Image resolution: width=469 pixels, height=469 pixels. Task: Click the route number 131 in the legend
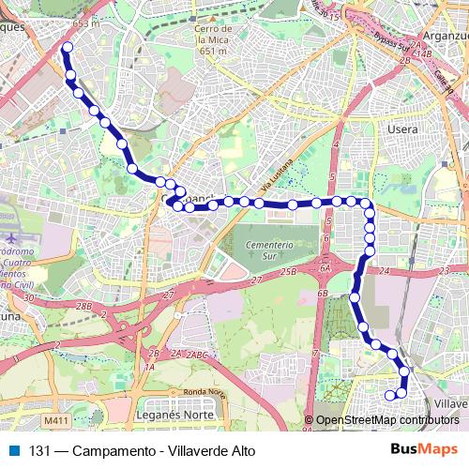[x=38, y=451]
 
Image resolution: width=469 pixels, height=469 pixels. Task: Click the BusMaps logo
[x=425, y=450]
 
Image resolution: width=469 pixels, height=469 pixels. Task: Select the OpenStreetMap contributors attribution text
[x=386, y=420]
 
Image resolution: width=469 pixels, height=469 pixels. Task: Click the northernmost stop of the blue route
[x=67, y=47]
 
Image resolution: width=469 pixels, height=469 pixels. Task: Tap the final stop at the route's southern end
[x=390, y=396]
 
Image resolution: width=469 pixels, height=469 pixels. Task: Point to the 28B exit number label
[x=83, y=306]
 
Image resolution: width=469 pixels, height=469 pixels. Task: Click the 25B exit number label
[x=287, y=271]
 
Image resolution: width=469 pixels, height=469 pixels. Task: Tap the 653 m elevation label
[x=85, y=23]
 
